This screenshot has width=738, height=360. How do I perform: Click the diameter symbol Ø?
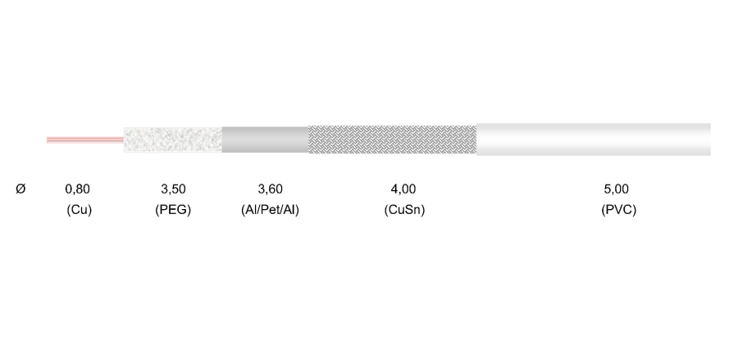point(20,189)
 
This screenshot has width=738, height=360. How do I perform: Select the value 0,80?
point(77,189)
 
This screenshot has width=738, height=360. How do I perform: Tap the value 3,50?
point(173,189)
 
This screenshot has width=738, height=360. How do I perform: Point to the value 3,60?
point(270,189)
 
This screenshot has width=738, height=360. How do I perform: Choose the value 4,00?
point(403,189)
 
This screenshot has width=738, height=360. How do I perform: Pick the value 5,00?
point(616,189)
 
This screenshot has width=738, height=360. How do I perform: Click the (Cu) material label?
point(79,210)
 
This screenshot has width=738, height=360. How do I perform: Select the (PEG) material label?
point(173,210)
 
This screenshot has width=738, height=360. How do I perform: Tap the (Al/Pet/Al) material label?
point(270,210)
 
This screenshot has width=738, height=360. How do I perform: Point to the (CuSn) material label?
point(404,210)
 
